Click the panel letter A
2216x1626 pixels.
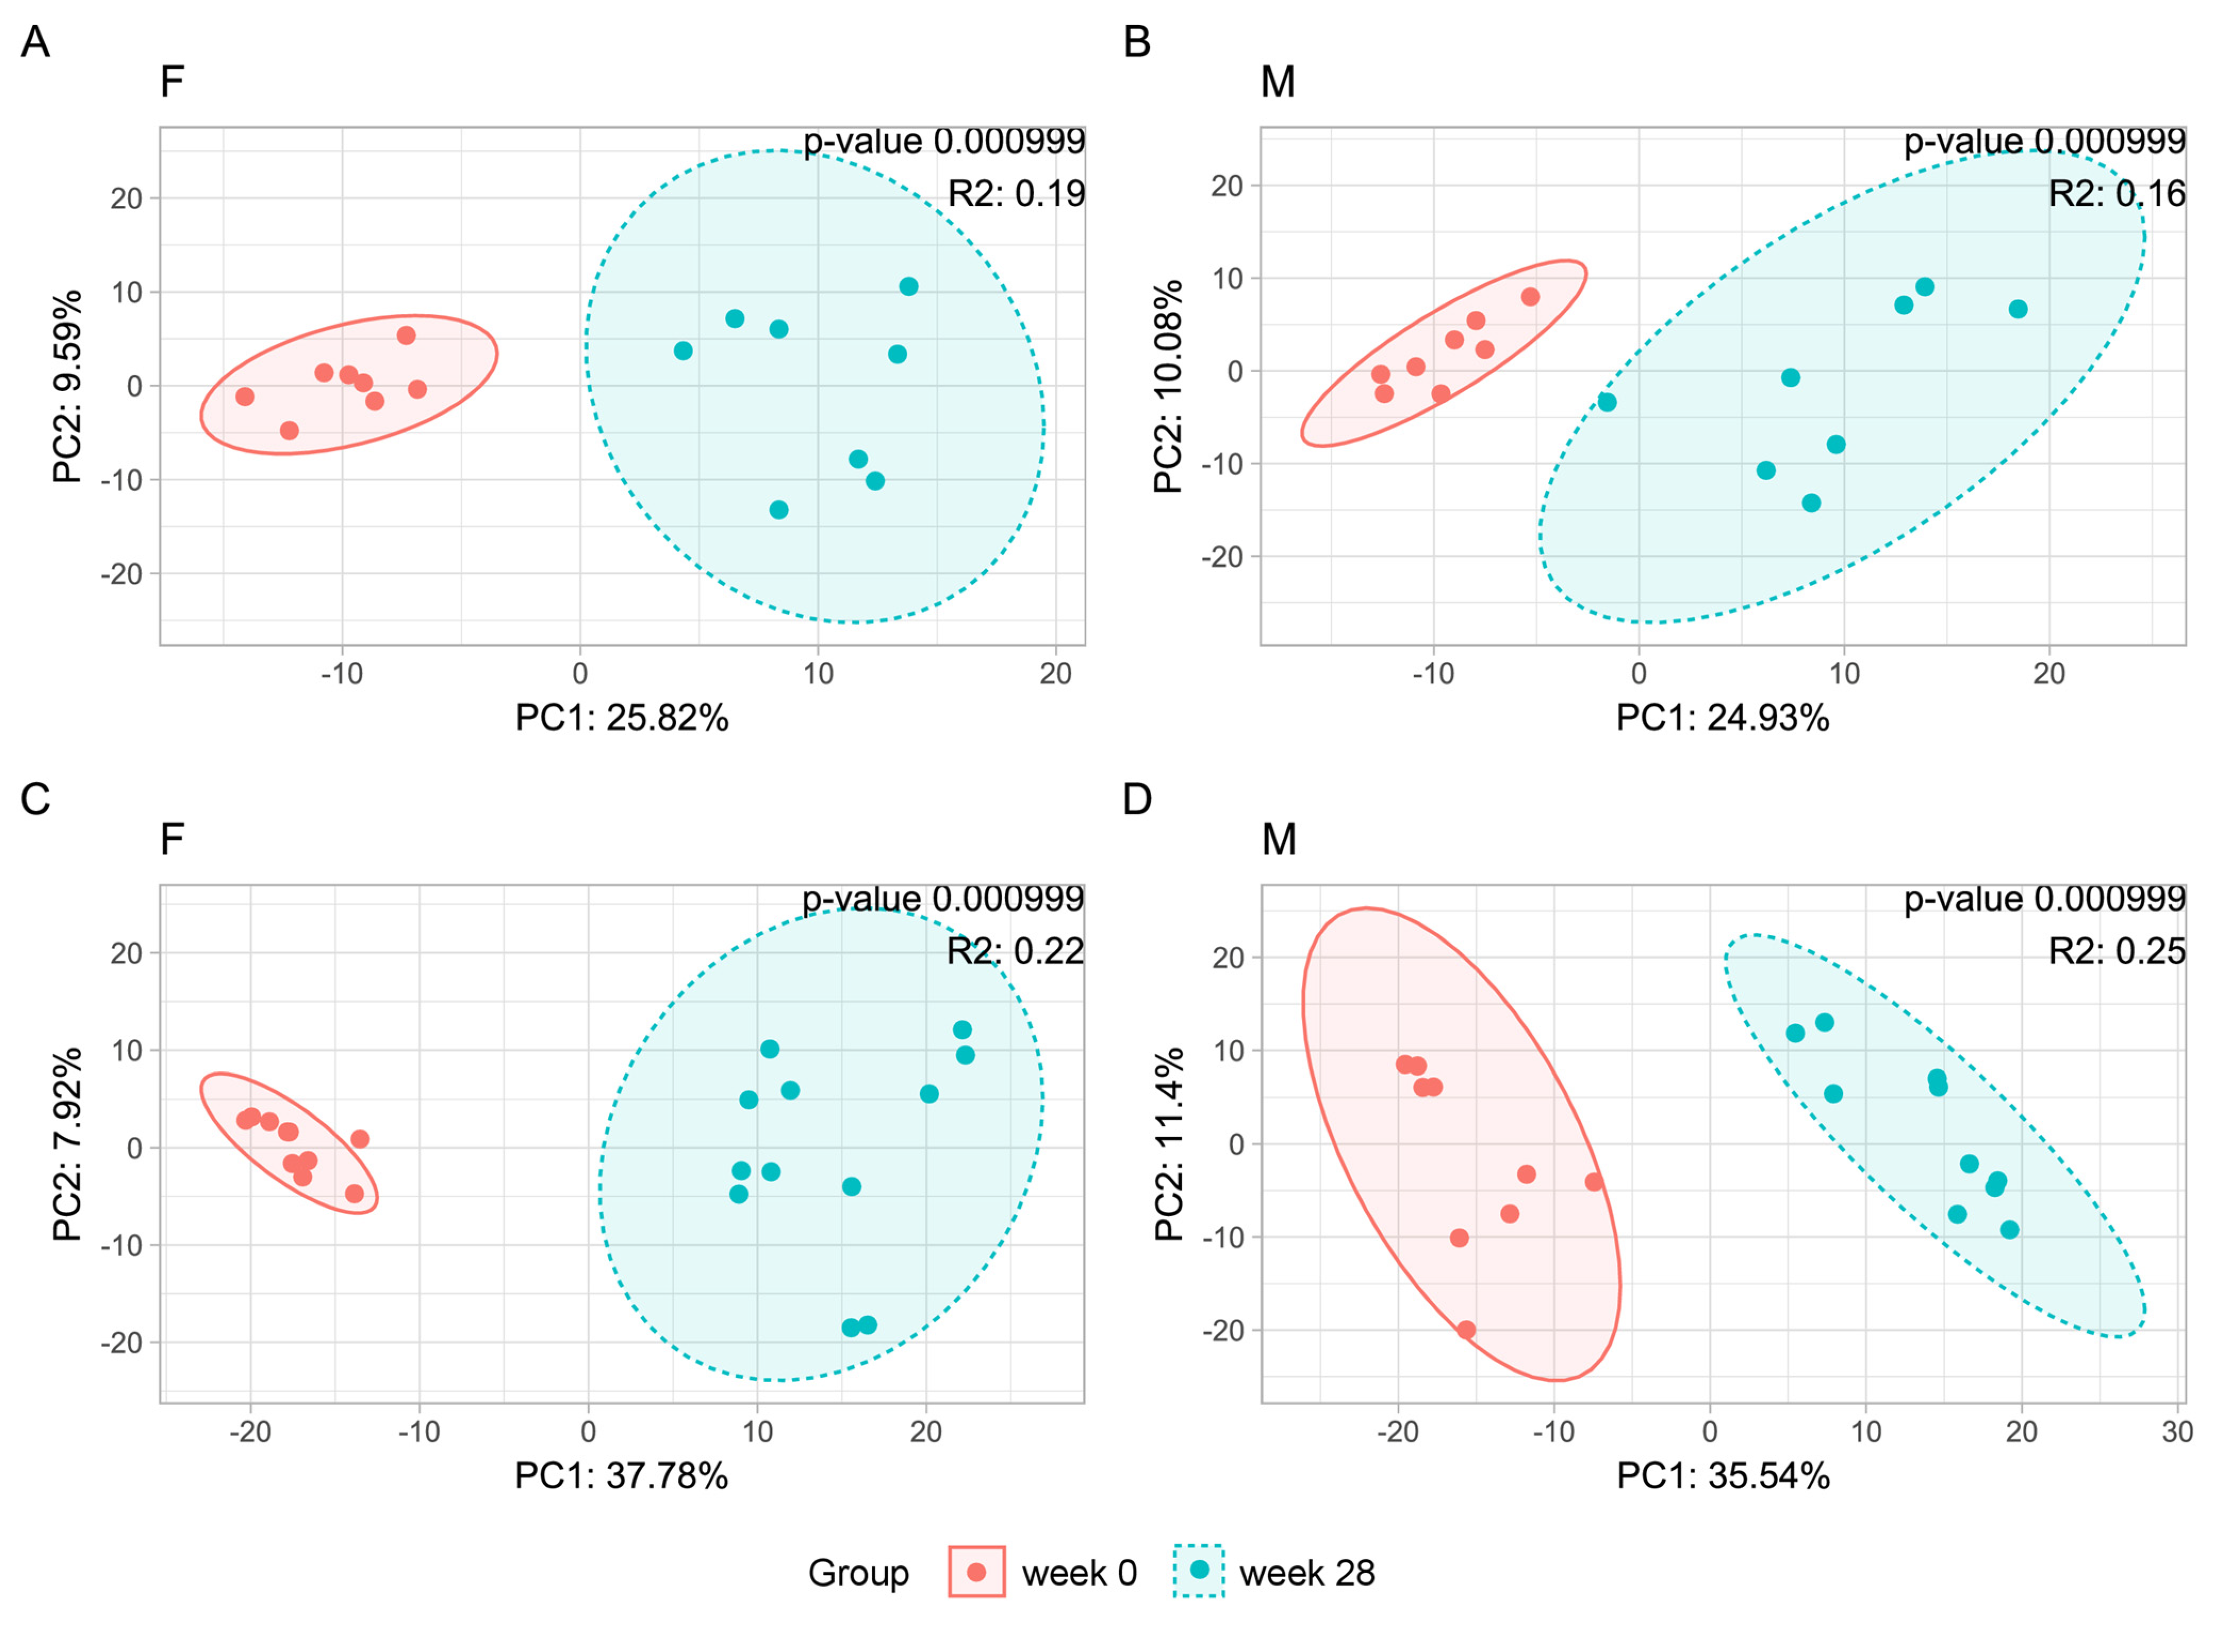(36, 43)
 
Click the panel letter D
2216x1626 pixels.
(1137, 799)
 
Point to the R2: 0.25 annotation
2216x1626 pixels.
(2116, 951)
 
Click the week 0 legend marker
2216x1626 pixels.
(977, 1572)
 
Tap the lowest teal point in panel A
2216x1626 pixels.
(779, 510)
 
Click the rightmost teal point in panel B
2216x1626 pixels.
(2018, 309)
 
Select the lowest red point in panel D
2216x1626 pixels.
(1466, 1330)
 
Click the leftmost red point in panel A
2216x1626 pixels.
(245, 397)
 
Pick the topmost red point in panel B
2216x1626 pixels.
(1530, 297)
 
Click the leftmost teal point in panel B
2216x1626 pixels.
(1607, 402)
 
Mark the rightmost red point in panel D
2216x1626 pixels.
(1594, 1182)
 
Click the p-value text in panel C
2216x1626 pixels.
(942, 898)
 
